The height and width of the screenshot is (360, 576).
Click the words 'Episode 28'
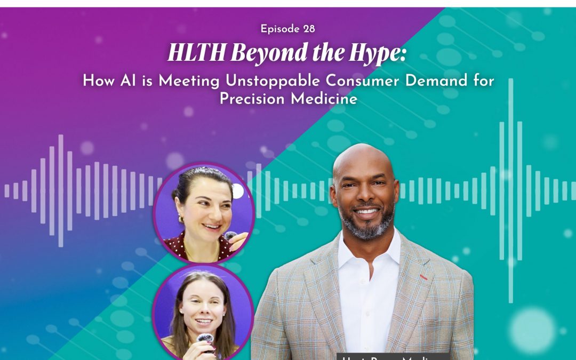287,29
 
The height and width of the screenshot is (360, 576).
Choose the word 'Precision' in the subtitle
252,99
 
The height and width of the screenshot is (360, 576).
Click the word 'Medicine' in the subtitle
329,99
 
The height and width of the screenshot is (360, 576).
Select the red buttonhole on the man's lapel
423,277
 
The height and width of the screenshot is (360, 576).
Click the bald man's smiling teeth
365,211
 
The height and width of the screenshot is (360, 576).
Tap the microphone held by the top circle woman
230,235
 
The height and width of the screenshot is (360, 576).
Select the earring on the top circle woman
181,219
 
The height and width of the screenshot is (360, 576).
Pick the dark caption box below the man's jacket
392,356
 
